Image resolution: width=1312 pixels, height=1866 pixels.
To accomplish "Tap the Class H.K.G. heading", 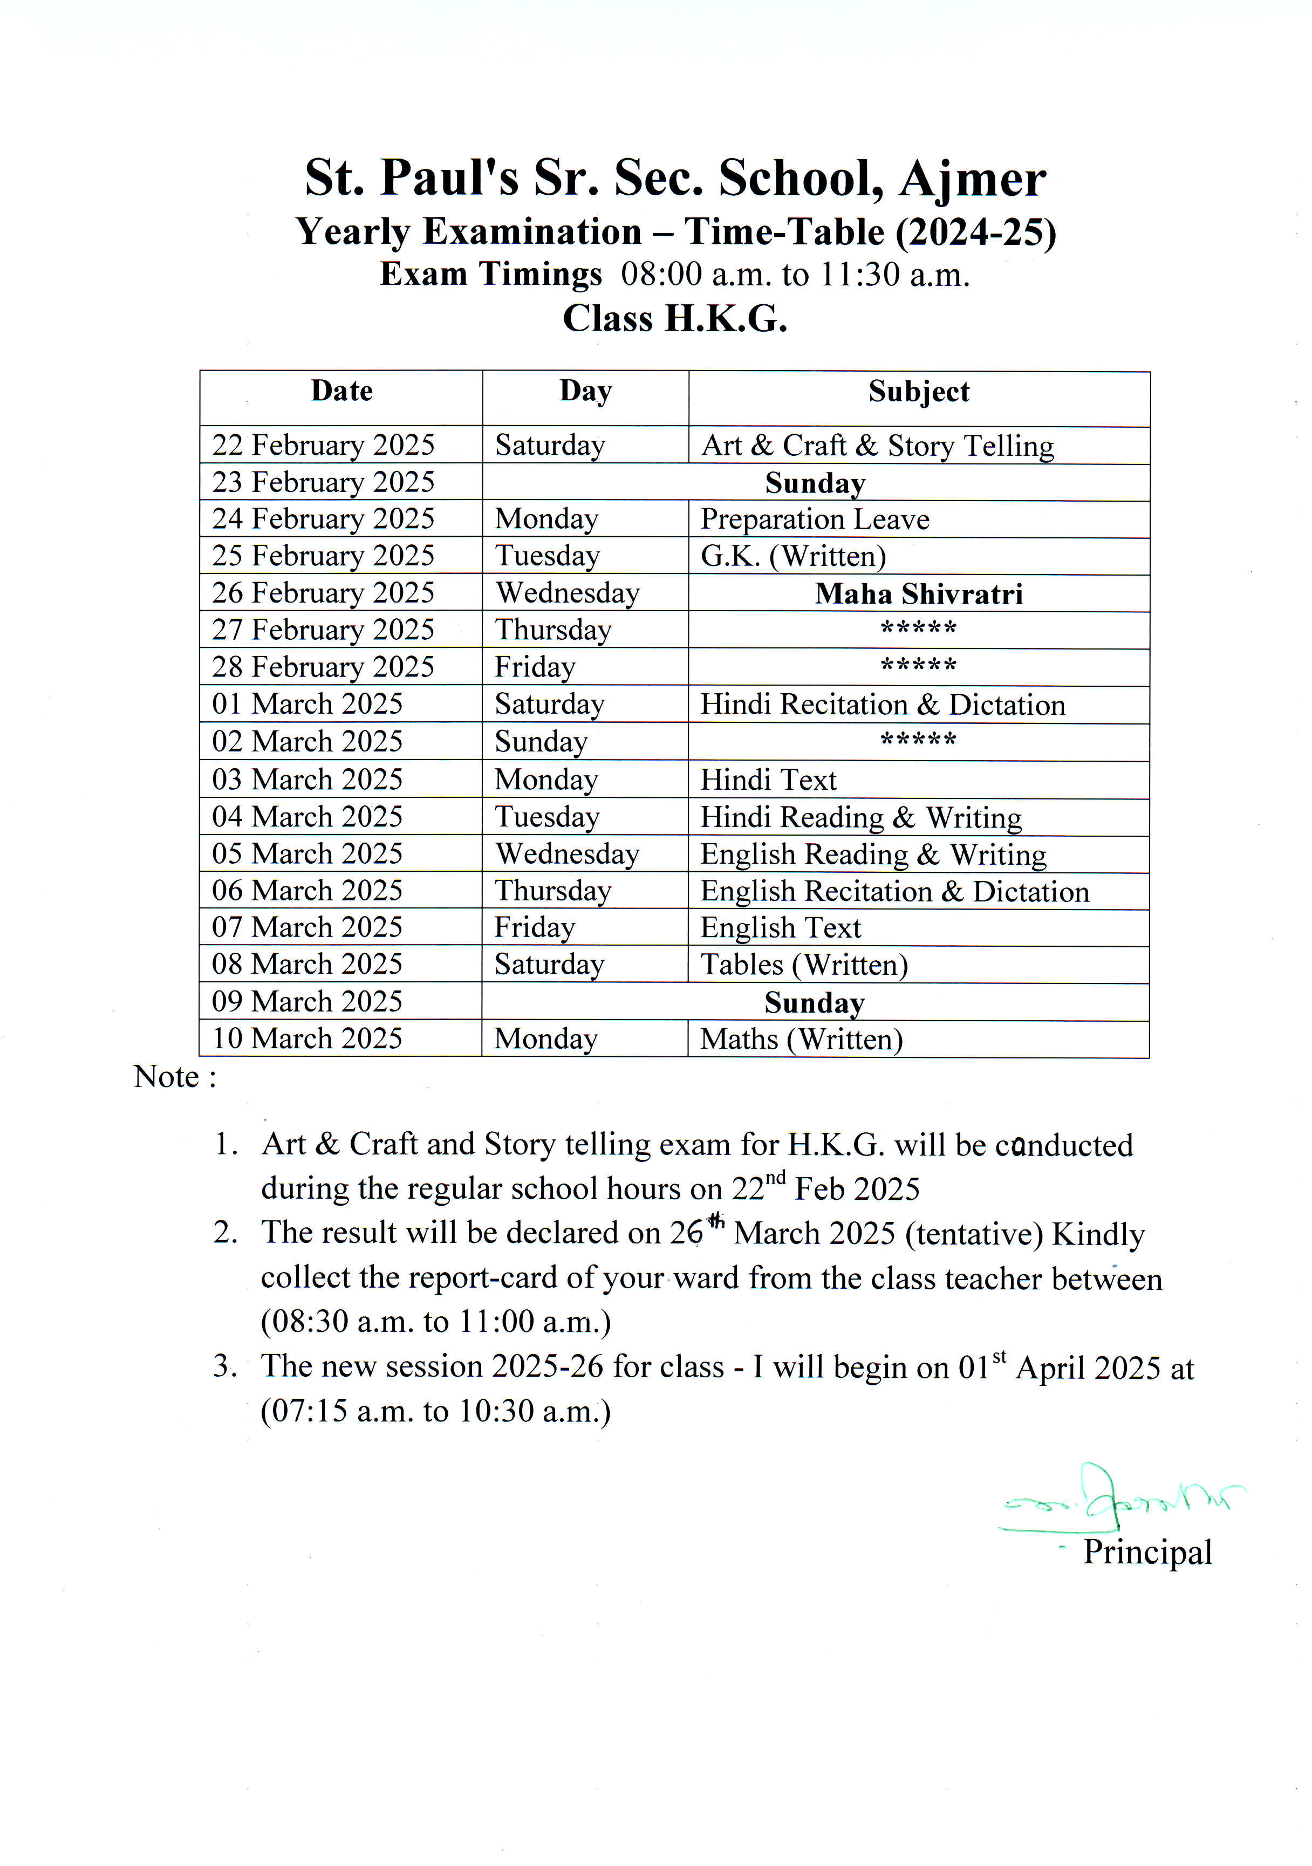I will click(675, 319).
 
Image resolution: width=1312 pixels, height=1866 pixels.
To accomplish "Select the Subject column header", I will click(919, 392).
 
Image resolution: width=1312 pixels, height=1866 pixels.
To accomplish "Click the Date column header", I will click(341, 391).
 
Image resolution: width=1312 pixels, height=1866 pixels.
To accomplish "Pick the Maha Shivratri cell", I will click(919, 594).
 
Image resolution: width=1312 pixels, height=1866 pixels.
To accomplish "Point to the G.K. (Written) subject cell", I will click(794, 556).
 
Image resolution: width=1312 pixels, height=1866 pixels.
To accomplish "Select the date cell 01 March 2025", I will click(307, 704).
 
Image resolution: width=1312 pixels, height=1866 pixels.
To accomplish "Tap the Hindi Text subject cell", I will click(768, 780).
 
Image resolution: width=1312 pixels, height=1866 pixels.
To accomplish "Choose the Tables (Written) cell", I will click(804, 965).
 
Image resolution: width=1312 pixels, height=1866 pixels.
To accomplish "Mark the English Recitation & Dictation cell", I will click(894, 892).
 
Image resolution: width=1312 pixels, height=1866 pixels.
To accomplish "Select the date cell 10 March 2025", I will click(307, 1038).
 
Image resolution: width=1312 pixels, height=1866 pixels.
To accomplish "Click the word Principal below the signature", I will click(1147, 1551).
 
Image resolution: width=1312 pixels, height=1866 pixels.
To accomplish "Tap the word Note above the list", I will click(167, 1077).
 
